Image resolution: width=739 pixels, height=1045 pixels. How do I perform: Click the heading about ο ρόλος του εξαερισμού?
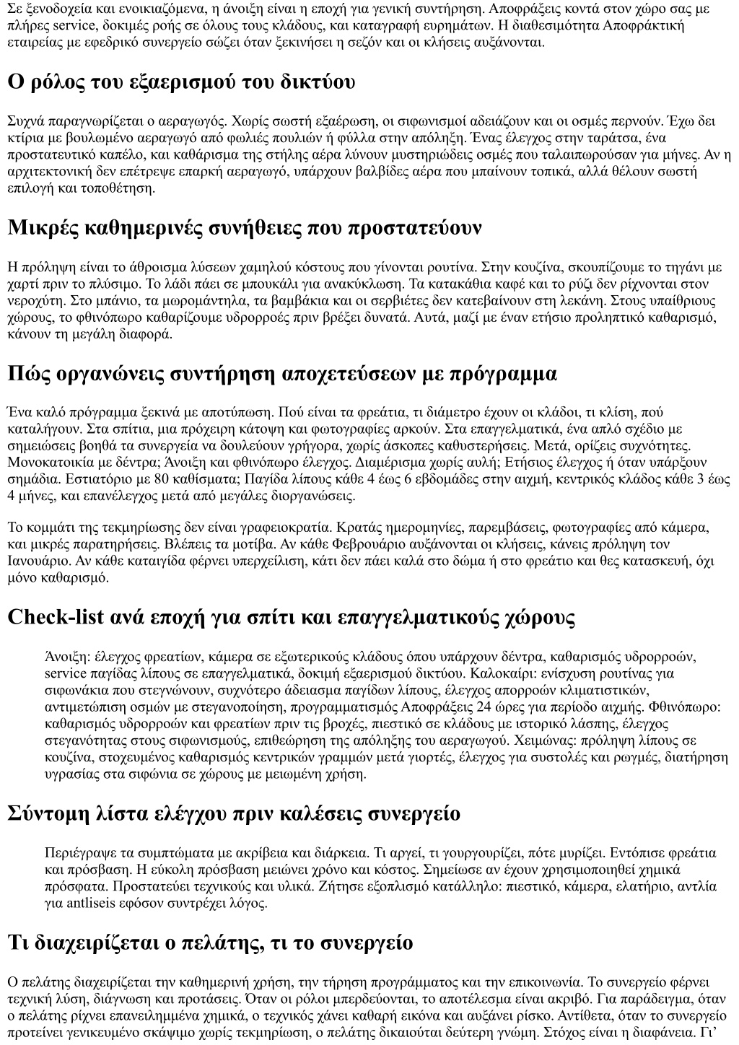[181, 82]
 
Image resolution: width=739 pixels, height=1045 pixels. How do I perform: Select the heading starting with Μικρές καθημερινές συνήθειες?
[244, 228]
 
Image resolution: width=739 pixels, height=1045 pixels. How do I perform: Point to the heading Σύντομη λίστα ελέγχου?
[234, 813]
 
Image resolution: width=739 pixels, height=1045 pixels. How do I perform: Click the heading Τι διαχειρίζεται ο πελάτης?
[210, 943]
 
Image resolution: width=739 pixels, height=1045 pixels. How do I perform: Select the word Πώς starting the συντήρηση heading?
[27, 374]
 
